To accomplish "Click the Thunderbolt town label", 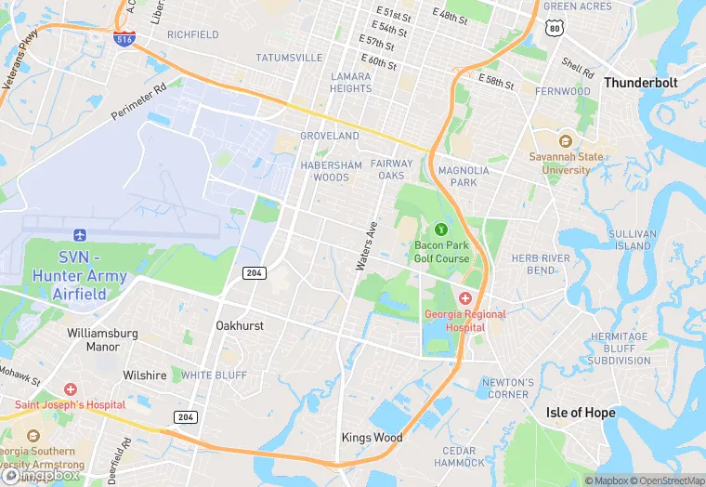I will (641, 83).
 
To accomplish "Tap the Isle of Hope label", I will (581, 413).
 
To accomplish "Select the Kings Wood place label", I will (372, 438).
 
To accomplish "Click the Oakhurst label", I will (240, 326).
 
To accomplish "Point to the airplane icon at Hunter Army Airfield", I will (80, 234).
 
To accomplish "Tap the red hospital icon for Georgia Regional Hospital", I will (464, 297).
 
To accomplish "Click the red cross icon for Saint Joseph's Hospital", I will (71, 389).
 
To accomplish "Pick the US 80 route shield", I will (555, 29).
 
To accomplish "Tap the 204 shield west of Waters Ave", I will (255, 272).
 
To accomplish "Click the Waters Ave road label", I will (367, 246).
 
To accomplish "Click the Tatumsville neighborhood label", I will (289, 58).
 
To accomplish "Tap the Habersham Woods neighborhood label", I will (331, 171).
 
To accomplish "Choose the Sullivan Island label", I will (633, 240).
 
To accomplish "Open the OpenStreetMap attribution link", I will (669, 480).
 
